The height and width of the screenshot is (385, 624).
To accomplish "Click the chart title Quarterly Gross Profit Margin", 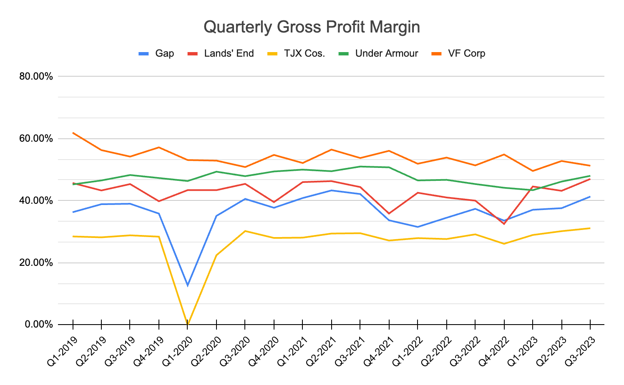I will (312, 27).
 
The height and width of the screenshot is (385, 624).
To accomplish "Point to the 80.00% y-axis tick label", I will (36, 77).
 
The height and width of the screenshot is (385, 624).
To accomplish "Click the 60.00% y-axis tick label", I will (36, 139).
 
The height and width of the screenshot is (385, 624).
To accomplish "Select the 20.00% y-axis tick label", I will (36, 263).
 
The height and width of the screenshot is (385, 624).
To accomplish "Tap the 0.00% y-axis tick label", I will (38, 325).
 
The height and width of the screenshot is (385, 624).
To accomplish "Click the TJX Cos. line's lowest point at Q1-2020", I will (188, 324).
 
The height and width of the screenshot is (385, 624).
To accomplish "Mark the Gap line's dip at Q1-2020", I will (188, 285).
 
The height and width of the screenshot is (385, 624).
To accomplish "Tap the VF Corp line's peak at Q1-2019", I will (73, 133).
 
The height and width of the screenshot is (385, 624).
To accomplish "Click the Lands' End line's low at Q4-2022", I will (504, 224).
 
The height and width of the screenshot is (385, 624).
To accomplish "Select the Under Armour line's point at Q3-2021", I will (360, 167).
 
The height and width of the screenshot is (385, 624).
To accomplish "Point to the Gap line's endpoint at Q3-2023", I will (590, 197).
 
